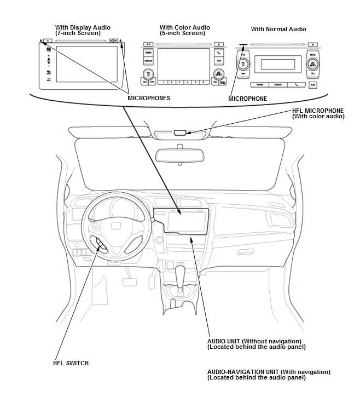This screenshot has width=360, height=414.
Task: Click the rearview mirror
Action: [x=180, y=154]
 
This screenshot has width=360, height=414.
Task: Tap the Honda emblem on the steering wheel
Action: [x=116, y=225]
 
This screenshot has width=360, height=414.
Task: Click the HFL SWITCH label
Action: [x=71, y=363]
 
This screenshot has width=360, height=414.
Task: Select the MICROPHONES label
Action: [x=148, y=98]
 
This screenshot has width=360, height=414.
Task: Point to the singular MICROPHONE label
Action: [x=247, y=99]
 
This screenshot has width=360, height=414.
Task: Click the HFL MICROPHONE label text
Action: [x=317, y=110]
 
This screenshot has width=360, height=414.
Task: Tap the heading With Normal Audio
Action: [x=278, y=29]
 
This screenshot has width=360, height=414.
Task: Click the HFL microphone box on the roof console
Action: [x=181, y=132]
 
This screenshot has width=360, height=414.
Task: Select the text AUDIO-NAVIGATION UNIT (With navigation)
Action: [x=269, y=372]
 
